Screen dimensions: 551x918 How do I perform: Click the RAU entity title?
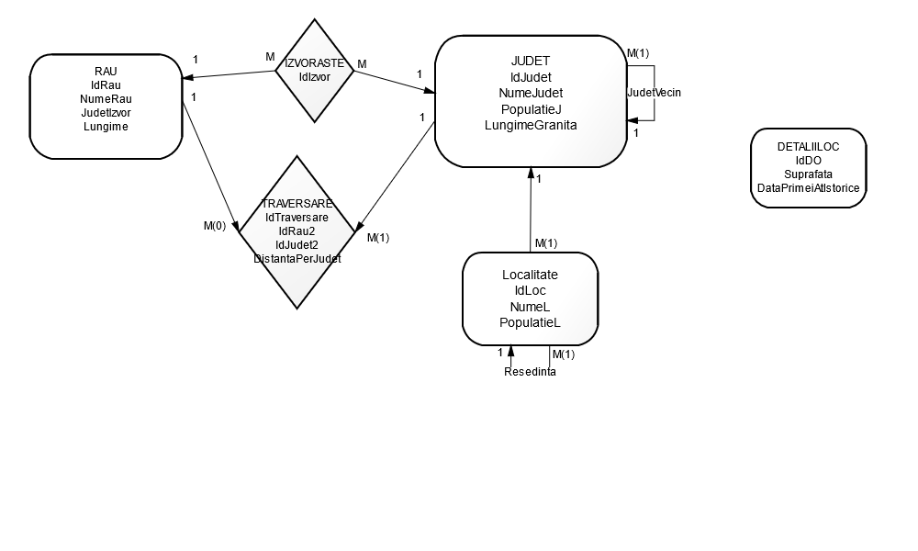pos(106,71)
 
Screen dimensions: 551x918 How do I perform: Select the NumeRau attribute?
pos(106,98)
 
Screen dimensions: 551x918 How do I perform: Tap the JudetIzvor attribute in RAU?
pos(106,113)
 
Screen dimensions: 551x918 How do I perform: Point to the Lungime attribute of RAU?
pos(106,127)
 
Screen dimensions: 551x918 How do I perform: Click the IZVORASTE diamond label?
pos(315,63)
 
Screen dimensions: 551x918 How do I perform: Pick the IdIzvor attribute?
pos(315,77)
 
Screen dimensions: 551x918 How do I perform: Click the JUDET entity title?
pos(531,61)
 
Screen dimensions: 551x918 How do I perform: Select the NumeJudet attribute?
pos(531,93)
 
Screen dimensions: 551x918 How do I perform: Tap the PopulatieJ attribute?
pos(531,109)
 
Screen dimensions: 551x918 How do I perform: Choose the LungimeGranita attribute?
pos(531,125)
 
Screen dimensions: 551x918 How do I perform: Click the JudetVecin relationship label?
pos(654,93)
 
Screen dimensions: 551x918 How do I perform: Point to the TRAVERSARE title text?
pos(297,203)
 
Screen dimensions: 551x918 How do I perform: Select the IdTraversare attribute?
pos(297,218)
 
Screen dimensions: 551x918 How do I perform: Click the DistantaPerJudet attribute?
pos(297,259)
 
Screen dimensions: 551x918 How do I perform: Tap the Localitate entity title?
pos(530,275)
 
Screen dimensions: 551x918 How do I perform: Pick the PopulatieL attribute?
pos(530,322)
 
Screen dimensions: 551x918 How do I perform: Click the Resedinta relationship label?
pos(530,372)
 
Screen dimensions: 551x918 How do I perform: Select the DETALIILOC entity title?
pos(808,146)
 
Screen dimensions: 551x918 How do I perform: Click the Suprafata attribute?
pos(808,174)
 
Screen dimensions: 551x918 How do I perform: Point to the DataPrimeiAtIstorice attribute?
pos(808,187)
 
